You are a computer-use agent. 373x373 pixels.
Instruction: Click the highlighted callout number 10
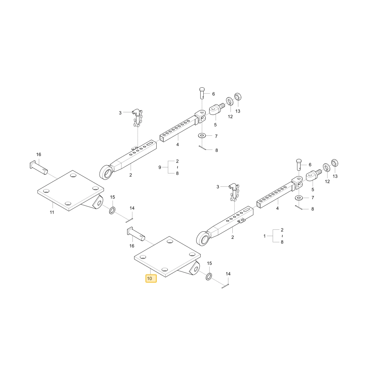pos(150,278)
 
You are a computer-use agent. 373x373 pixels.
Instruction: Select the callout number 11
pos(52,212)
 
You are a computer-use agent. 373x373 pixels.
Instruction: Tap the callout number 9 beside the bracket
pos(160,167)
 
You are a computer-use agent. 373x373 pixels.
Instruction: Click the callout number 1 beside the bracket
pos(264,236)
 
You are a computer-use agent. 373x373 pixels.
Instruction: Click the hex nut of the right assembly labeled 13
pos(335,163)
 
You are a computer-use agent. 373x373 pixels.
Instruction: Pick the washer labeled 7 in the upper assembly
pos(202,136)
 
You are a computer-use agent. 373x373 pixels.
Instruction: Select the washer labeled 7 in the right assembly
pos(298,198)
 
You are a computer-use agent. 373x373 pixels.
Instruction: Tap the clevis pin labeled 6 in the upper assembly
pos(202,93)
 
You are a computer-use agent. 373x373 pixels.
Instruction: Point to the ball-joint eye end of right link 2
pos(203,238)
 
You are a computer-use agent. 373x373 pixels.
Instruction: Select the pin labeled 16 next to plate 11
pos(39,167)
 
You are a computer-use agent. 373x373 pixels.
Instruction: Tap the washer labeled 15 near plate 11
pos(112,210)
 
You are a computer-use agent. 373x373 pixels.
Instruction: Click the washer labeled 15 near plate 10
pos(209,276)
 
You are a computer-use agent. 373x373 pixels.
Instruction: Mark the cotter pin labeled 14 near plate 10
pos(225,286)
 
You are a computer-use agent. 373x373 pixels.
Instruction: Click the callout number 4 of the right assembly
pos(278,208)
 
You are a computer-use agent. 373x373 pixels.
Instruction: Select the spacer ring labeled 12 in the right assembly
pos(326,167)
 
